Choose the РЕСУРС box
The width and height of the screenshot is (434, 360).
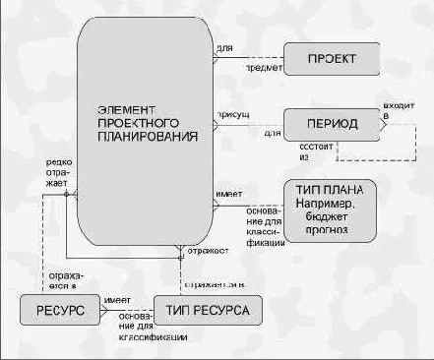57,311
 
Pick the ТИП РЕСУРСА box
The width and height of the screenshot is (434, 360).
207,311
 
